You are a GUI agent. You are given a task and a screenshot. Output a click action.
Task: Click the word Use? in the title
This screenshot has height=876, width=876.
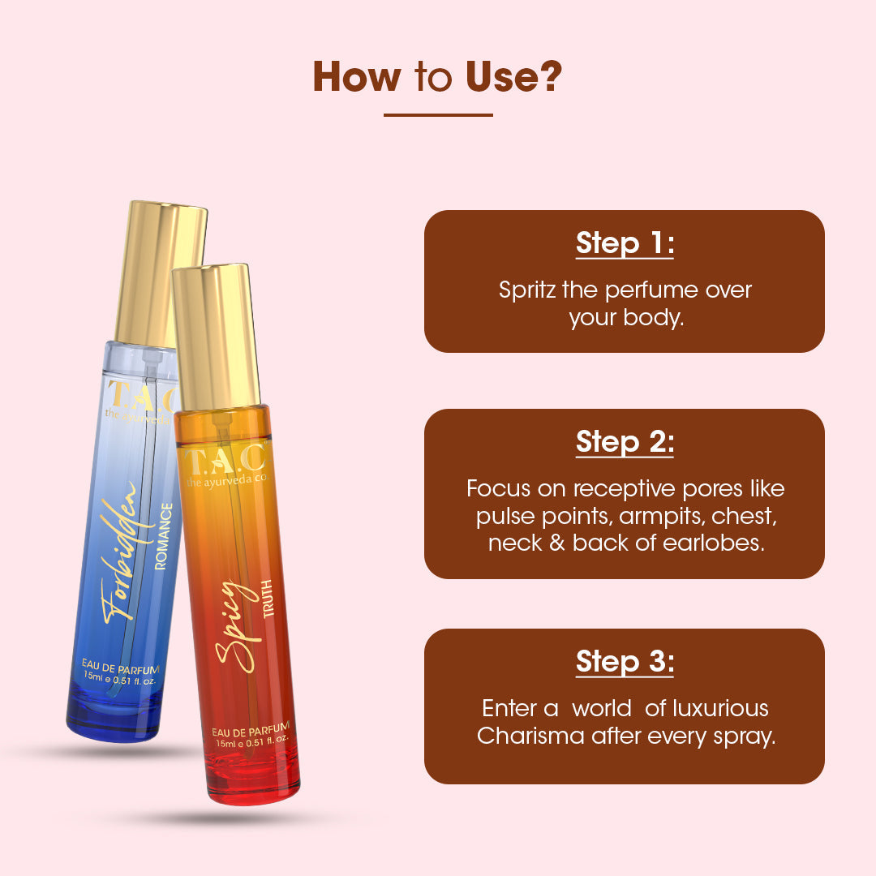[513, 76]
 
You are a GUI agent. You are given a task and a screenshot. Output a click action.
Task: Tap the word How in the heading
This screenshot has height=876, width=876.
[356, 76]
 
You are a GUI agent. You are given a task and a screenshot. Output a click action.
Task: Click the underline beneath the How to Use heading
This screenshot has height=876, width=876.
[438, 115]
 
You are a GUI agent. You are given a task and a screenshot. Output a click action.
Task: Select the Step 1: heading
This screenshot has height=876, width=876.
[625, 243]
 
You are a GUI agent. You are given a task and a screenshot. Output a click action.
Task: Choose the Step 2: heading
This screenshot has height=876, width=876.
[625, 443]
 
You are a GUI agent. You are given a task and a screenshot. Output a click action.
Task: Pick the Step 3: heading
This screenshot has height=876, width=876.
[625, 662]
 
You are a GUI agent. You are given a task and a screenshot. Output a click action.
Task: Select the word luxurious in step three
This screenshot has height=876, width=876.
[720, 708]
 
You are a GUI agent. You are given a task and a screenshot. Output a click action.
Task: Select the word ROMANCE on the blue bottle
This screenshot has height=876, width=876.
[163, 536]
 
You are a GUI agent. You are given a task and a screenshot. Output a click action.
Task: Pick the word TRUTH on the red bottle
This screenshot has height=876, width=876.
[268, 599]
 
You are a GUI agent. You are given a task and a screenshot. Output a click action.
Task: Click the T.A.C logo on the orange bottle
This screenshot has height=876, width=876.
[225, 459]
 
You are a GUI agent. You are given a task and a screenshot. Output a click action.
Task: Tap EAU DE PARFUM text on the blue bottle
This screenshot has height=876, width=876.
[120, 668]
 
